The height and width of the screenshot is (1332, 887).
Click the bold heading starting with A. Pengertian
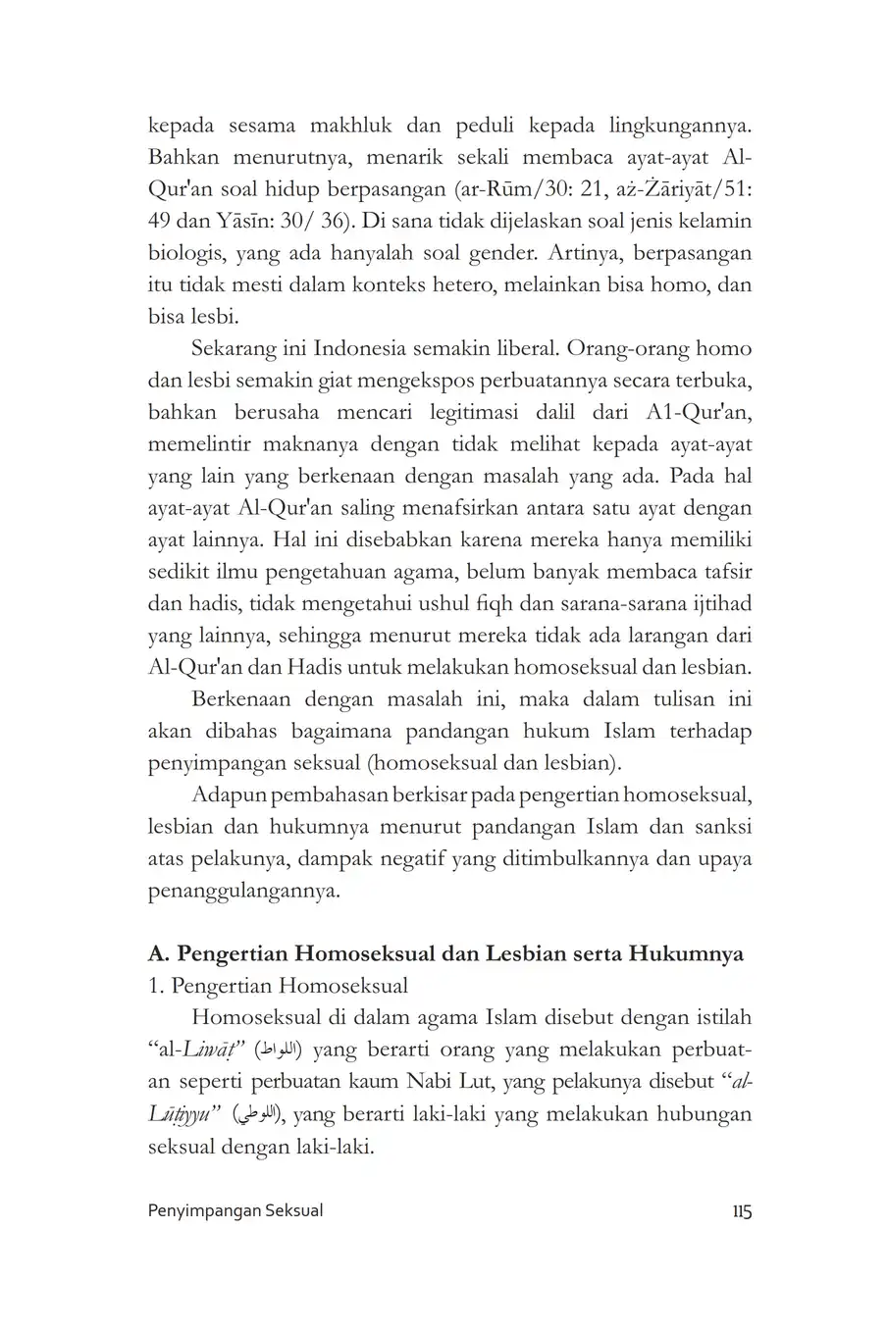[444, 953]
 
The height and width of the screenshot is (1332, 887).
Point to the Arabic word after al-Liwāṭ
[279, 1050]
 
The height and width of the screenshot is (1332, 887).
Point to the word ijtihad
[724, 603]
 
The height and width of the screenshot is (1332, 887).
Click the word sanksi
[725, 827]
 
